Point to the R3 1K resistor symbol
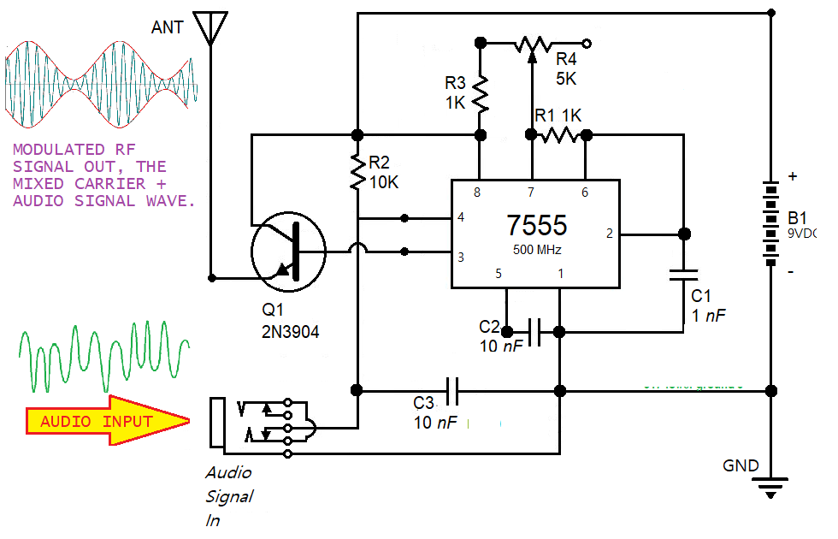[x=480, y=95]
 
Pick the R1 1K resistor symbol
[x=560, y=134]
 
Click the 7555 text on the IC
[x=536, y=226]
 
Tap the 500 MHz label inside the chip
[x=536, y=249]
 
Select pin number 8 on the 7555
[x=477, y=192]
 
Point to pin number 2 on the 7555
[x=609, y=233]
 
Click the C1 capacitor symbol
[x=684, y=275]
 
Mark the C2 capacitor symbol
[x=535, y=332]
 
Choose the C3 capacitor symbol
[x=452, y=391]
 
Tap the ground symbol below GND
[x=771, y=490]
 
